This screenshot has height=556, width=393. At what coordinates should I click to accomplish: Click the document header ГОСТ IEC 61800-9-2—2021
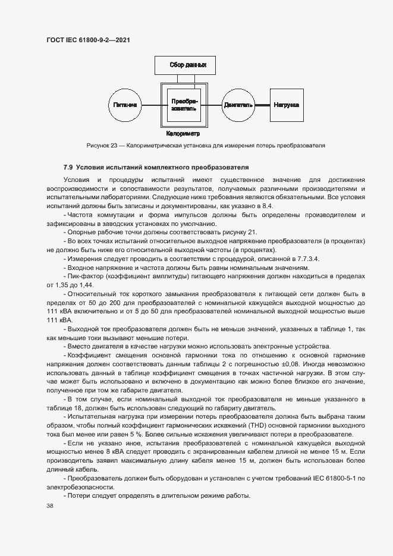[88, 40]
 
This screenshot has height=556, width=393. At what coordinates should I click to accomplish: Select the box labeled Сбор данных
[184, 64]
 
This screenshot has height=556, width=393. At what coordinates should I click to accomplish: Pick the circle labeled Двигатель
[238, 105]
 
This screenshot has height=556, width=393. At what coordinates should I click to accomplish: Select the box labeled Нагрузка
[286, 105]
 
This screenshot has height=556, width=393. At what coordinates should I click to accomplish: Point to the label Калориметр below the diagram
[183, 134]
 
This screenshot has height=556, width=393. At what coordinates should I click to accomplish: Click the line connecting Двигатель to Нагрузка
[263, 105]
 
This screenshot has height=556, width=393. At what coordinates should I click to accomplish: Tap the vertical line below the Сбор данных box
[184, 78]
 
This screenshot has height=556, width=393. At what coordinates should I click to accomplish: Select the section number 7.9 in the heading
[68, 167]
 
